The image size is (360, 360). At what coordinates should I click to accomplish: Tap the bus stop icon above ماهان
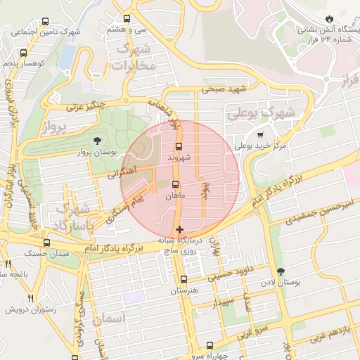click(x=176, y=186)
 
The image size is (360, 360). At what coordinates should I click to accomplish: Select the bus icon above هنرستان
click(x=184, y=279)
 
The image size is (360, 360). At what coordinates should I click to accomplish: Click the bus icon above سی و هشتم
click(x=127, y=19)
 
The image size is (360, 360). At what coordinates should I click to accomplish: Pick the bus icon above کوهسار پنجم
click(x=24, y=52)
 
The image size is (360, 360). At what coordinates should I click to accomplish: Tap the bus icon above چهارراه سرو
click(x=210, y=345)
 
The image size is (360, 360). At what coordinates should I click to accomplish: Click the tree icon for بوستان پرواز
click(x=97, y=141)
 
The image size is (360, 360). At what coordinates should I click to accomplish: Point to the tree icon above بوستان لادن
click(x=282, y=271)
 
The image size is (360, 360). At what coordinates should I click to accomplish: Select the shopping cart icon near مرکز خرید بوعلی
click(x=260, y=134)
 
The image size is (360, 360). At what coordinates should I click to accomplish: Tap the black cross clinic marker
click(x=180, y=229)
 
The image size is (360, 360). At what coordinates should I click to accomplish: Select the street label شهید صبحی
click(x=220, y=89)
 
